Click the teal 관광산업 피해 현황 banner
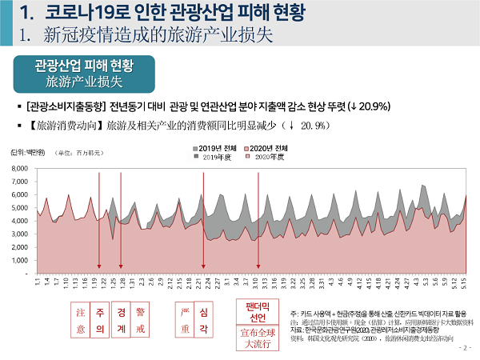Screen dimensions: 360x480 [x=84, y=74]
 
